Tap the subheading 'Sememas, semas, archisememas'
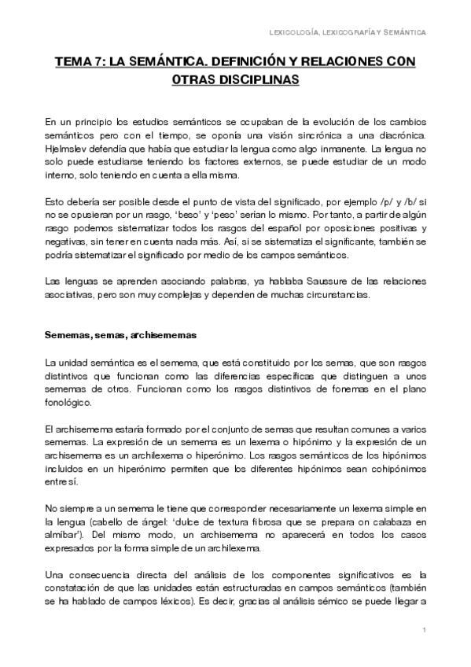point(120,333)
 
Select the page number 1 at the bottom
point(424,630)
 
